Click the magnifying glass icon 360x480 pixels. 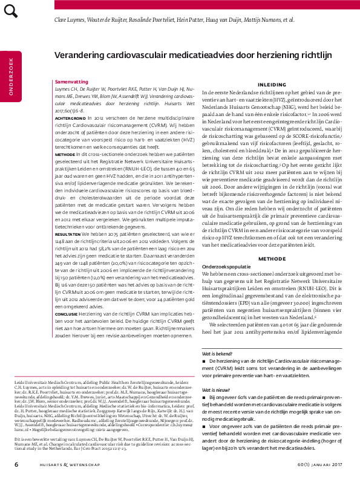tap(12, 12)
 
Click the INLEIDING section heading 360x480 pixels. tap(268, 85)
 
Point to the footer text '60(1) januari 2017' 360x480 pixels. tap(316, 465)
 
